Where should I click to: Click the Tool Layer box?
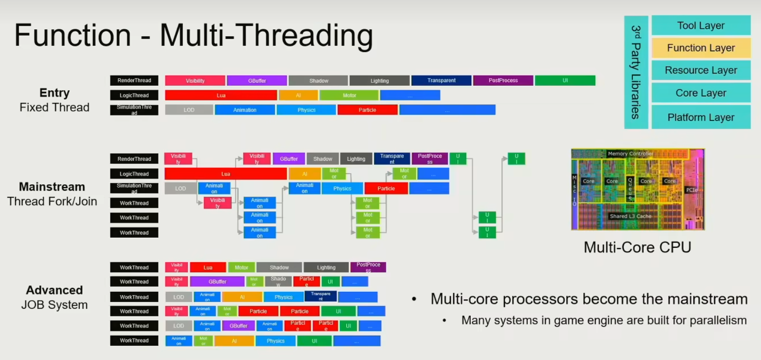(701, 26)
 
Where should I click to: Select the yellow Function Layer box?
(701, 48)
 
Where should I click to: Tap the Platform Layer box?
(701, 117)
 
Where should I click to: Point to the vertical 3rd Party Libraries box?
(636, 72)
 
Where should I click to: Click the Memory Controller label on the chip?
(630, 154)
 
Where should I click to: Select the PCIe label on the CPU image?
(691, 190)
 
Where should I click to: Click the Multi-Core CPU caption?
(637, 247)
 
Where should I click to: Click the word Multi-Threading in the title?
(266, 36)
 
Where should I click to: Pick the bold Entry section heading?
(55, 93)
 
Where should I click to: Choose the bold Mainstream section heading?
(52, 187)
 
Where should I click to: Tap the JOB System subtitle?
(55, 305)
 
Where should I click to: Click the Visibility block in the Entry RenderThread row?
(195, 81)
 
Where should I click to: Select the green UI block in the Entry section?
(565, 81)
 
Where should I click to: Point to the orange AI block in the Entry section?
(298, 95)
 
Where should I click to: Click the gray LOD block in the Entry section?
(189, 110)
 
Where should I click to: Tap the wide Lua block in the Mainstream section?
(225, 174)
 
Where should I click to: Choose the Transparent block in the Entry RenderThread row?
(441, 81)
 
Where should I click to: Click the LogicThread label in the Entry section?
(134, 95)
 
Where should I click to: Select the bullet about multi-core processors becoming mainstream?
(589, 299)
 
